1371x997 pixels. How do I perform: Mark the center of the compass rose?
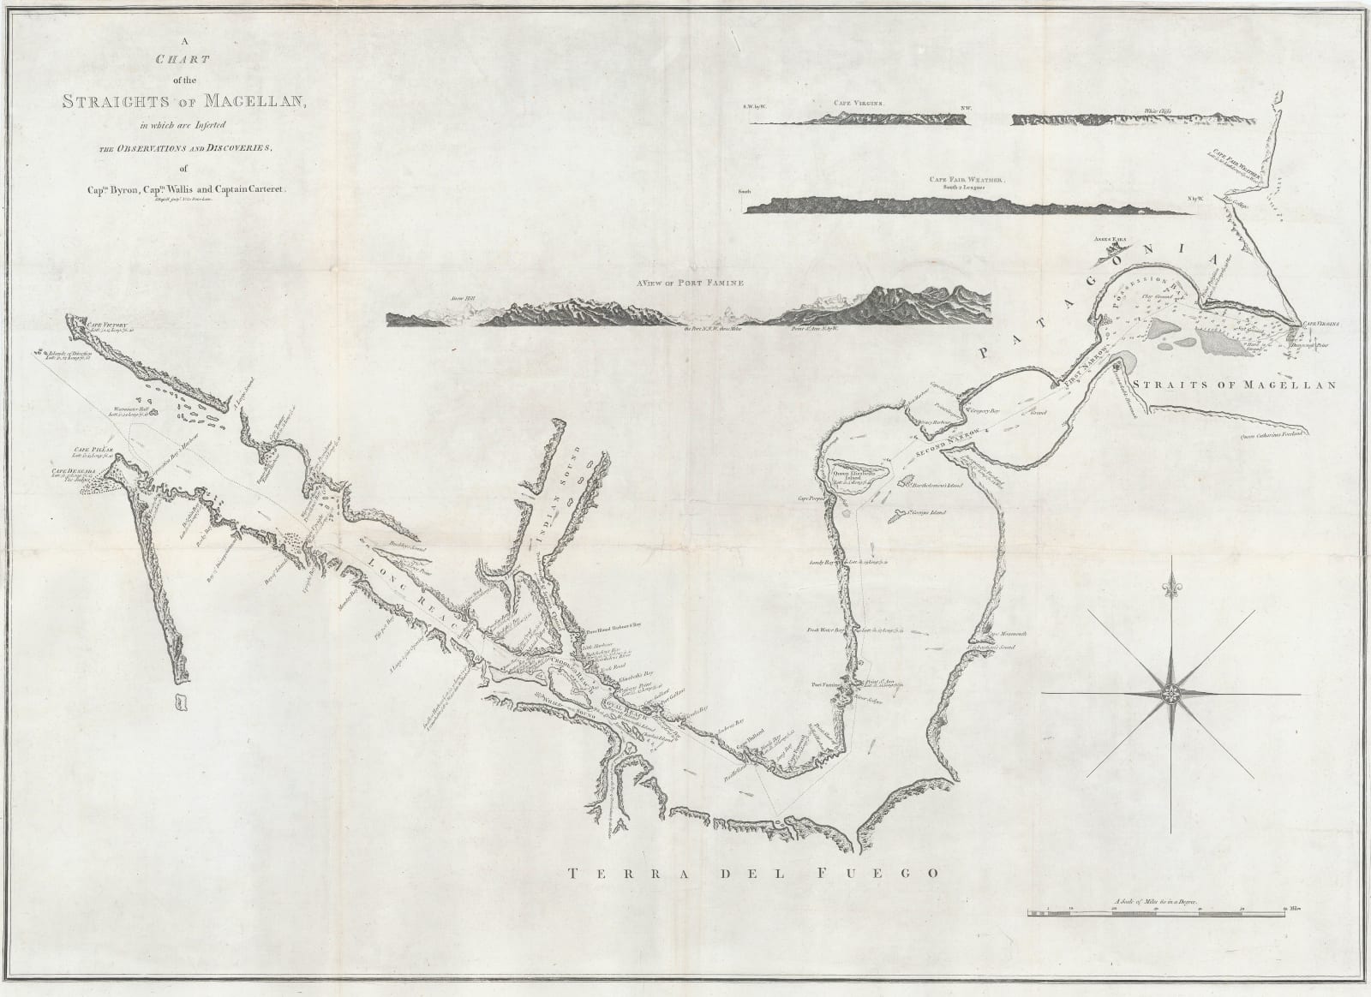(x=1170, y=693)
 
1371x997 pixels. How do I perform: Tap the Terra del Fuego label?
(x=745, y=874)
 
